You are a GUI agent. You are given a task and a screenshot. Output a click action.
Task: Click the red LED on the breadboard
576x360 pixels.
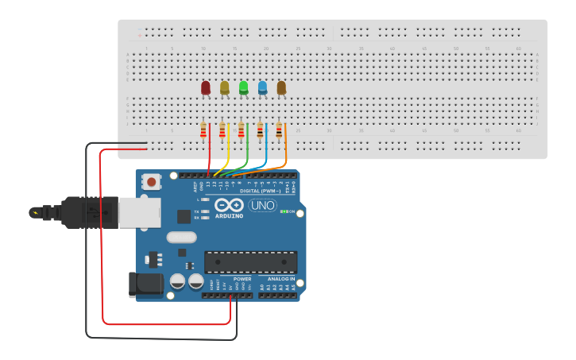pos(206,87)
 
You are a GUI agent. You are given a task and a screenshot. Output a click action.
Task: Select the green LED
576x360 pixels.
pos(244,87)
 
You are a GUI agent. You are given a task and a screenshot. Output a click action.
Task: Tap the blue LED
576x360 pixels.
pos(262,87)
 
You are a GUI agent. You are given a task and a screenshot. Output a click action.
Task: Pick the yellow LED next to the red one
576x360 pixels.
pos(225,87)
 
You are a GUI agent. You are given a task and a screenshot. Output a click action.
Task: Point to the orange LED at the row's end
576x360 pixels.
pos(281,87)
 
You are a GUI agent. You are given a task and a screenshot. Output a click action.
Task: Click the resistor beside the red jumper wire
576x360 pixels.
pos(203,130)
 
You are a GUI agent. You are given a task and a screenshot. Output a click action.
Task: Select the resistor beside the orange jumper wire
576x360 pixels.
pos(280,130)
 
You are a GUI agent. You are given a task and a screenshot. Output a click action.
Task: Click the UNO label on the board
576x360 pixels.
pos(263,205)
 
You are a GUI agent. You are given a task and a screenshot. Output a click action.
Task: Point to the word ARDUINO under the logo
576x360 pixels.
pos(229,215)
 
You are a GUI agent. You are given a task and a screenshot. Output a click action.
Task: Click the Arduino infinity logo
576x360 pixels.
pos(229,205)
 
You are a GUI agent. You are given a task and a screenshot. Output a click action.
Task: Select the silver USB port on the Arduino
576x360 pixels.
pos(139,213)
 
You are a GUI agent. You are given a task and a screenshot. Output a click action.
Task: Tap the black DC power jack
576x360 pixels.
pos(145,285)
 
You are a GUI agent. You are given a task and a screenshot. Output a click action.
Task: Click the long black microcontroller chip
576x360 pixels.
pos(251,261)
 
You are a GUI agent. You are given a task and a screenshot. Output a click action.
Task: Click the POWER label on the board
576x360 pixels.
pos(242,279)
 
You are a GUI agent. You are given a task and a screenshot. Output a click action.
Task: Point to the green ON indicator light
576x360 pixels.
pos(284,211)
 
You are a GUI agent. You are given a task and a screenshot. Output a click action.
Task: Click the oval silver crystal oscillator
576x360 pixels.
pos(181,237)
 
